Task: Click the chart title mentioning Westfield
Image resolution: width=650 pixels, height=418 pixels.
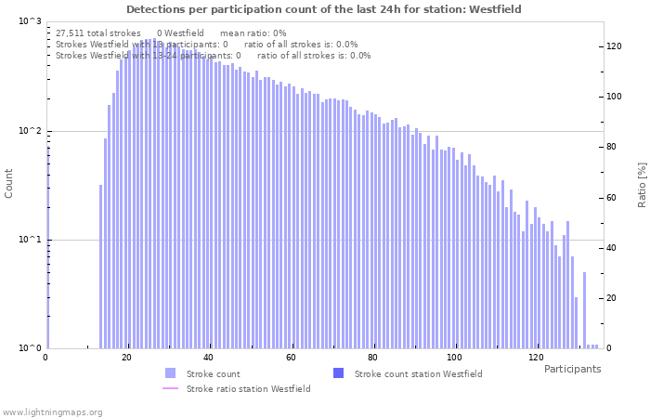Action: [324, 9]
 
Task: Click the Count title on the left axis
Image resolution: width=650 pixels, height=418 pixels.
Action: [9, 184]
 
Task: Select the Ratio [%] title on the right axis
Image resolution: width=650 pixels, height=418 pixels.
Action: [642, 184]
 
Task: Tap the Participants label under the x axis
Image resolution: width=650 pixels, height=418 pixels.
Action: [572, 369]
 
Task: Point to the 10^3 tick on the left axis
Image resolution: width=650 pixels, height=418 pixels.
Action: [31, 20]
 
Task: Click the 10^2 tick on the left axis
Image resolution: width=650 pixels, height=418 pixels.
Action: [31, 131]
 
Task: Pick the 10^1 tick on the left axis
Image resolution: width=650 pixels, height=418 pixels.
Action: [31, 240]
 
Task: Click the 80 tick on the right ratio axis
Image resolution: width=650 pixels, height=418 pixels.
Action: [613, 147]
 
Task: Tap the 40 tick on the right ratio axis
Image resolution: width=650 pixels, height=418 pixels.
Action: [613, 248]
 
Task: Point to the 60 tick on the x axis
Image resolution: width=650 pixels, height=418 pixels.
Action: [291, 358]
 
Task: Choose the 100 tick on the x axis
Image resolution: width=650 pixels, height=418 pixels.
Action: [454, 358]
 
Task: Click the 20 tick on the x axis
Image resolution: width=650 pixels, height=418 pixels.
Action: [127, 358]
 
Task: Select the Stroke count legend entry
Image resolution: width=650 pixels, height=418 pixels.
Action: [213, 373]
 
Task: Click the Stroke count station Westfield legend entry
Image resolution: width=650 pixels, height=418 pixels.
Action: [418, 373]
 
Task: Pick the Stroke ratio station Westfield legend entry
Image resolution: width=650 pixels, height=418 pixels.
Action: [248, 388]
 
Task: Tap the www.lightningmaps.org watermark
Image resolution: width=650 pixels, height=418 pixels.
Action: [53, 411]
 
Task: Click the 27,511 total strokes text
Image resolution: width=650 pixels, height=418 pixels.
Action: [98, 33]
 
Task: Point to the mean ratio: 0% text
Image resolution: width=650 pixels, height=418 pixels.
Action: [253, 33]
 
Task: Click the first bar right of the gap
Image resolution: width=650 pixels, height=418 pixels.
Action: [101, 267]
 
